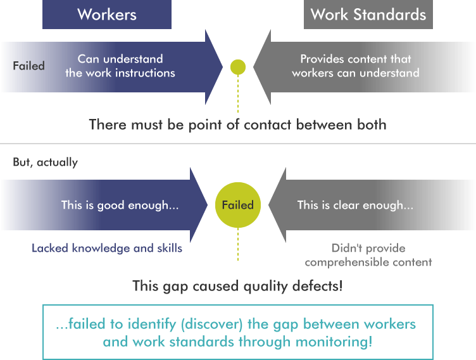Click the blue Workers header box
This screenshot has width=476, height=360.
pos(107,15)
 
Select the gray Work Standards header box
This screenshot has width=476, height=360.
pos(368,15)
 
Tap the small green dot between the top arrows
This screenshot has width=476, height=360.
pos(238,66)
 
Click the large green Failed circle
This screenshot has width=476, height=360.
pos(238,205)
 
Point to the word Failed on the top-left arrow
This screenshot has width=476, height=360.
pos(28,66)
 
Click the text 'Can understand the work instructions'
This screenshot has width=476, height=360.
pos(120,66)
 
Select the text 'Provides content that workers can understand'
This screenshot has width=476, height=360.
pos(356,66)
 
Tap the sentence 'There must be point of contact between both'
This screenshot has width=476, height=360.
pos(237,124)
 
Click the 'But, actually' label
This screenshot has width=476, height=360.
pos(46,162)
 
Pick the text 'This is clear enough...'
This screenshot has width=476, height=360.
pos(355,205)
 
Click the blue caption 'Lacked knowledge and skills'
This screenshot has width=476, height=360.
pos(107,248)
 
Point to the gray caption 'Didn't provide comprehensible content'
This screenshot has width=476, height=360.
pos(368,255)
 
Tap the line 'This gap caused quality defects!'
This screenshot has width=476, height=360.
pos(237,286)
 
